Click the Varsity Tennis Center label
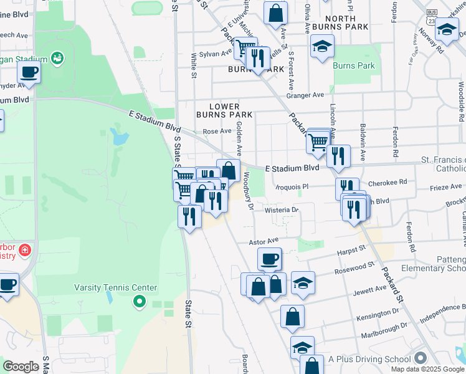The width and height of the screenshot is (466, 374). [x=116, y=287]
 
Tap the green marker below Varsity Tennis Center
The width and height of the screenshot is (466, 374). [x=140, y=303]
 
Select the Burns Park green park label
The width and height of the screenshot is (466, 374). [x=354, y=65]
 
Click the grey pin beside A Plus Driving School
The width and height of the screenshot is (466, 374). [x=421, y=358]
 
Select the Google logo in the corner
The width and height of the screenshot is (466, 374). [x=20, y=367]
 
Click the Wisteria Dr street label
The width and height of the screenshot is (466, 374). [x=282, y=210]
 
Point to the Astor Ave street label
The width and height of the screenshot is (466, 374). [x=264, y=240]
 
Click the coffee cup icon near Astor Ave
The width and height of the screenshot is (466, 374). [x=269, y=258]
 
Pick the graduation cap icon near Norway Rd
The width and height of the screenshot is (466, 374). [x=447, y=29]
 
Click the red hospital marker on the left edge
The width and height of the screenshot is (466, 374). [x=25, y=251]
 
